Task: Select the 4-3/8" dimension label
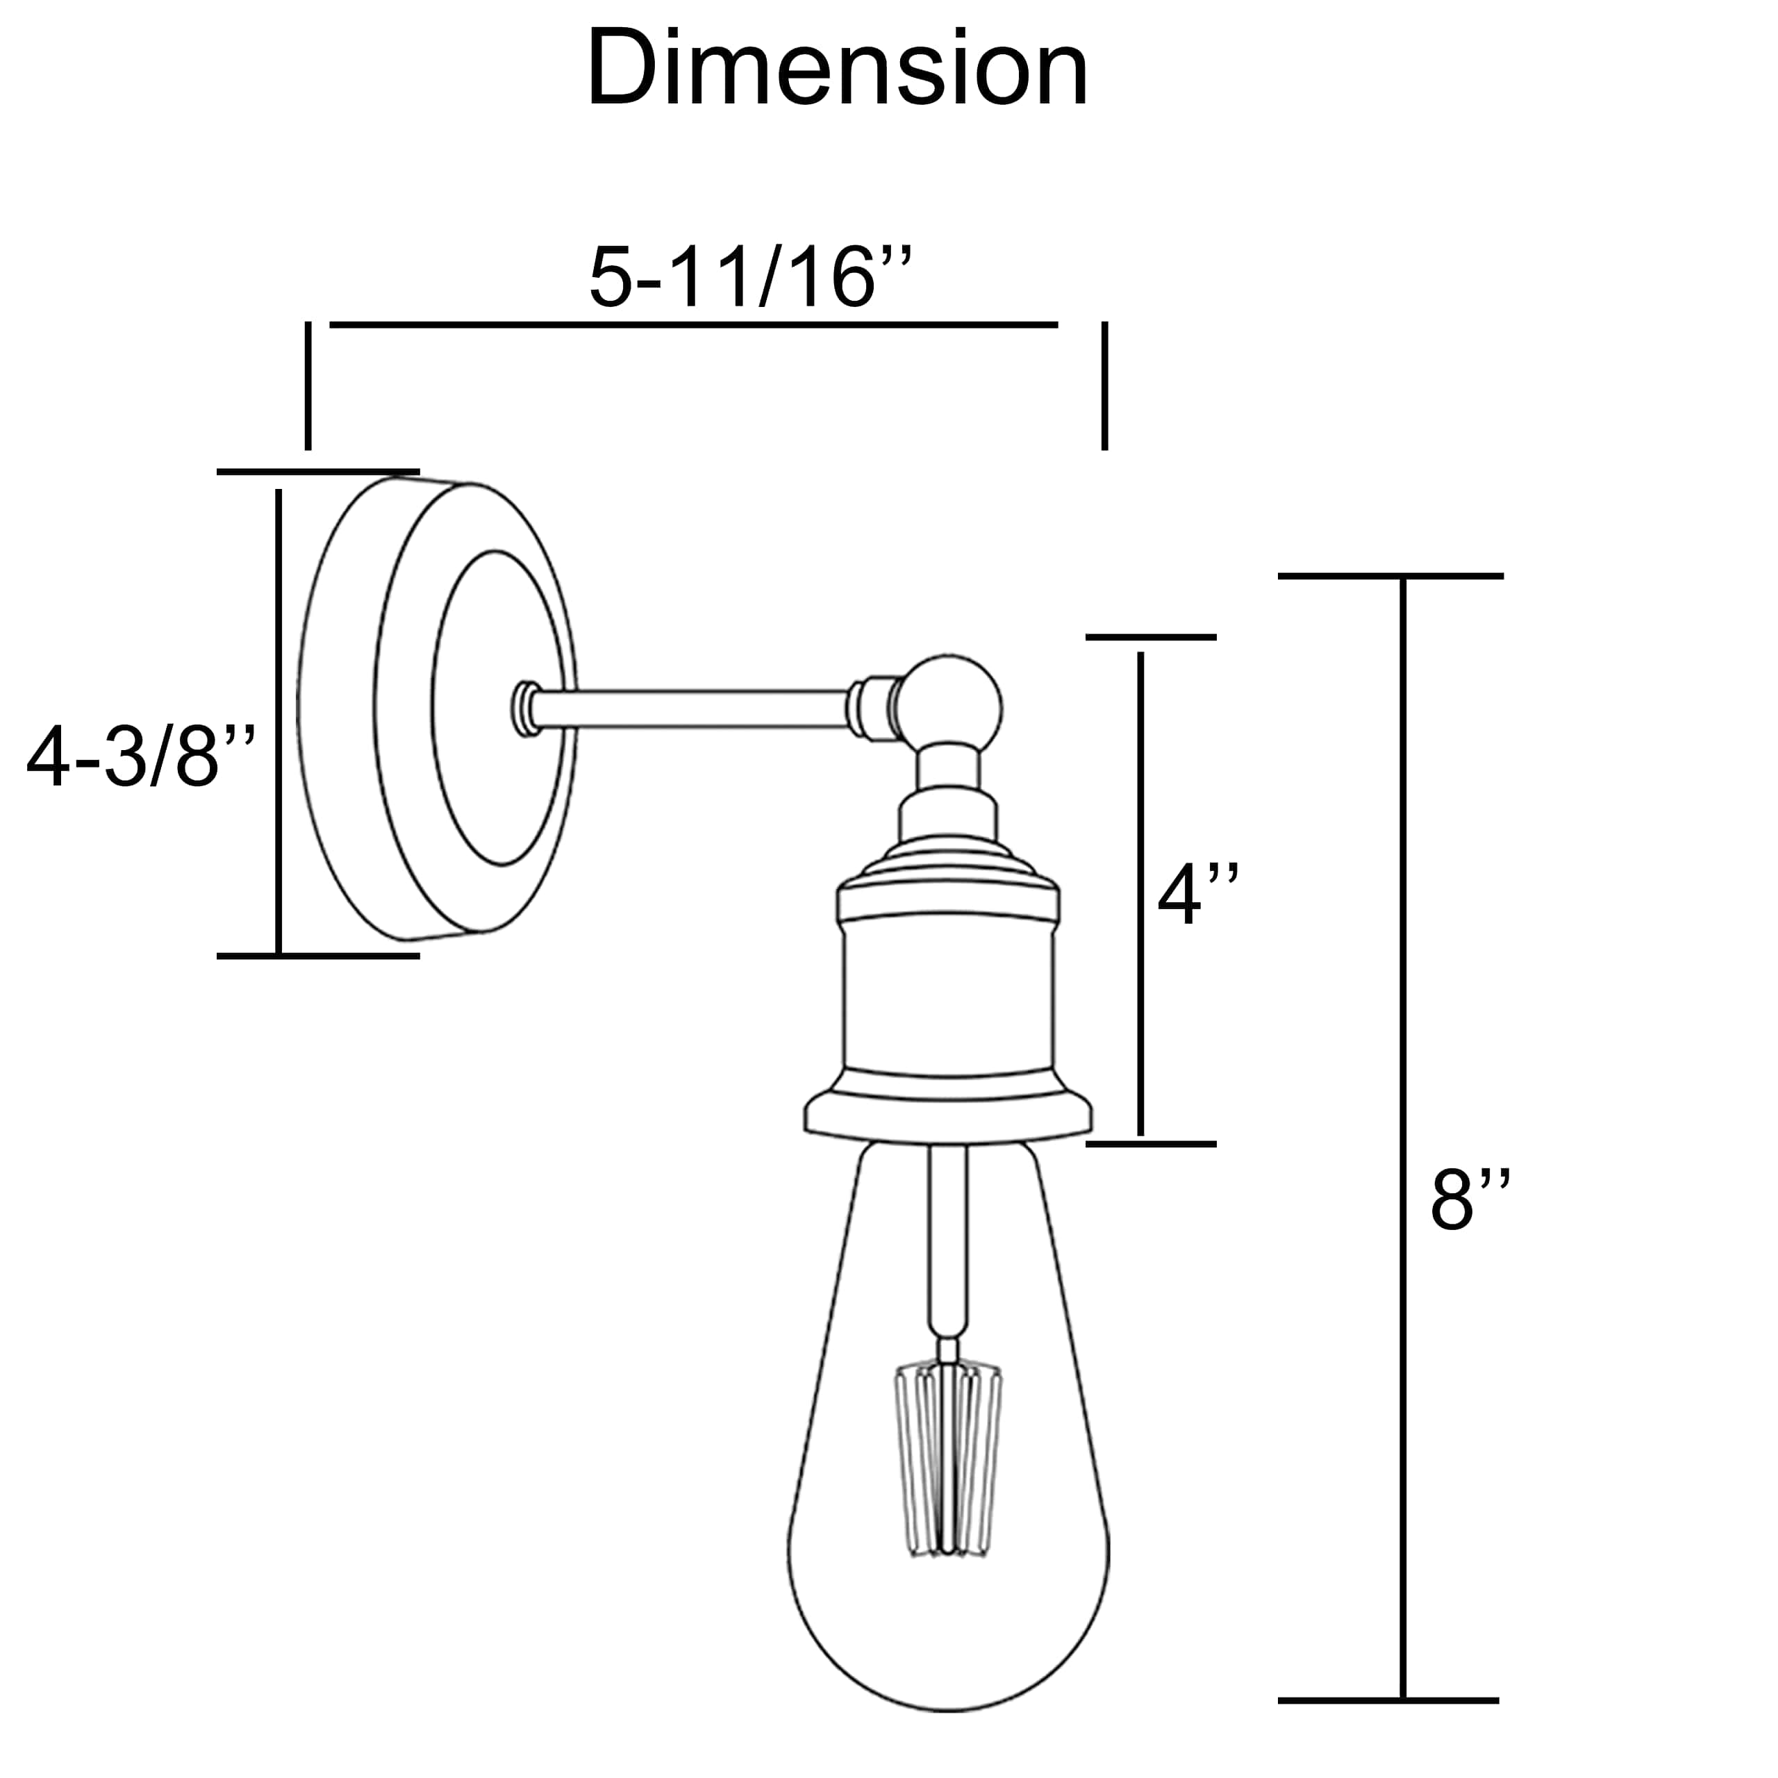click(140, 758)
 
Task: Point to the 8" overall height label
click(1470, 1200)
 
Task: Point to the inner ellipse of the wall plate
click(498, 708)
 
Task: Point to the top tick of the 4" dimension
click(1150, 637)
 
